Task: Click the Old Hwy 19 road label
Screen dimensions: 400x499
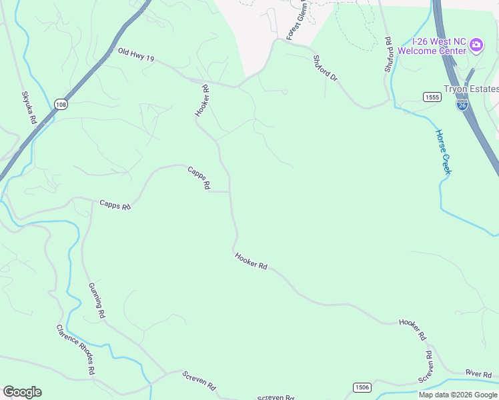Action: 136,55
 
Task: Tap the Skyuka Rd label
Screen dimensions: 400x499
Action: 29,107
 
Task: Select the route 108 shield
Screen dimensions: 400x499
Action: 61,105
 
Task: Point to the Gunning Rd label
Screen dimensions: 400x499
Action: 97,299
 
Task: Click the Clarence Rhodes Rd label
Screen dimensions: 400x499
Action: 75,349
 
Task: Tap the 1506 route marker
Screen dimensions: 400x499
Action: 362,387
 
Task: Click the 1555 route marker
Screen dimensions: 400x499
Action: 432,97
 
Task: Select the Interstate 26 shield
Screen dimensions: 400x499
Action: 462,105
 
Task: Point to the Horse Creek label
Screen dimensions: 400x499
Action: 444,151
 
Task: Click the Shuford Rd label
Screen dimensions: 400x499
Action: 388,54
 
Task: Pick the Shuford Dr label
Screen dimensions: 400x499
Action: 326,67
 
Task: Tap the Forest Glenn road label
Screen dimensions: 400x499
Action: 298,21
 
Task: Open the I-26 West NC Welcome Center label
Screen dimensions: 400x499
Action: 432,45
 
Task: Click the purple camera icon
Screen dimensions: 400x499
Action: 476,45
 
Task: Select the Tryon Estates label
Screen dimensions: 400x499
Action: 471,89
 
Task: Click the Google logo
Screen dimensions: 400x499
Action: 22,392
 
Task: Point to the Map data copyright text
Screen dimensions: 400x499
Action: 457,395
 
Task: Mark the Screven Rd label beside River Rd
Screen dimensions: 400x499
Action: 427,366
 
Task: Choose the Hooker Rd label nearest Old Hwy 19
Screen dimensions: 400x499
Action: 202,100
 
